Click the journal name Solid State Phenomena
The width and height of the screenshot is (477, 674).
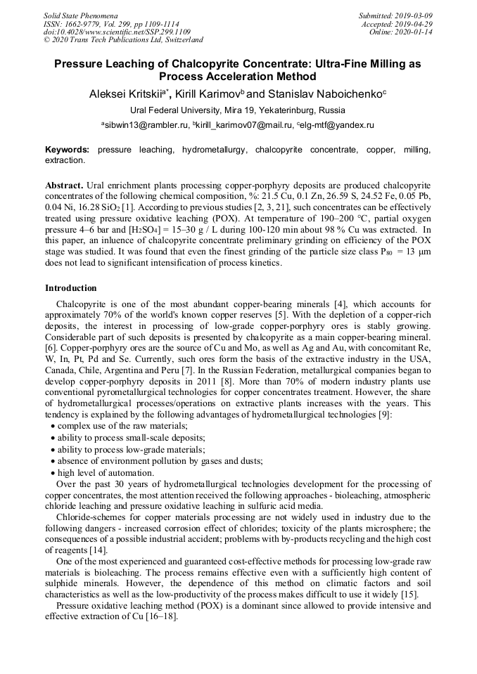click(80, 15)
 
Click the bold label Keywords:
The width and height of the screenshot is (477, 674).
click(68, 150)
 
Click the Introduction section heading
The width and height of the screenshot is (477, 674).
click(71, 288)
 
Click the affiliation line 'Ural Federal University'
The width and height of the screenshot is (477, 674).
click(238, 110)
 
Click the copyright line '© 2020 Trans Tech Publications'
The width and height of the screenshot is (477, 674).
click(123, 40)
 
